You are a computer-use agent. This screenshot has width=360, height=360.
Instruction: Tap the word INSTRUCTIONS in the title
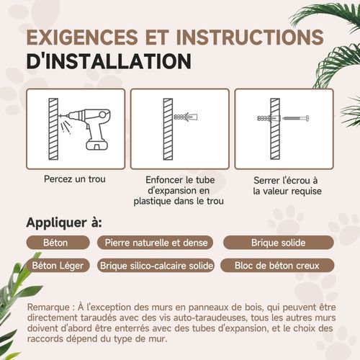tap(250, 37)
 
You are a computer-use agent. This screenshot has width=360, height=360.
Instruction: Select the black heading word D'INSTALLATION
tap(109, 61)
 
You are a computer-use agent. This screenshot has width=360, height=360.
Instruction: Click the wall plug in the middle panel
tap(186, 117)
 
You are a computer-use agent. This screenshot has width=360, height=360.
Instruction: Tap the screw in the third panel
tap(295, 118)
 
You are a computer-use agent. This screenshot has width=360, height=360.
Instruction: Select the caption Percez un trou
tap(75, 179)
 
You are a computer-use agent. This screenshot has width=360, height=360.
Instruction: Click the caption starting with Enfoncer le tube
tap(179, 191)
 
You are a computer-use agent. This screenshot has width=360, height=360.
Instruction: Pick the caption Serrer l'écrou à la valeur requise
tap(287, 186)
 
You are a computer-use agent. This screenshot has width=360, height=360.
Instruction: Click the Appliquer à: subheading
tap(64, 223)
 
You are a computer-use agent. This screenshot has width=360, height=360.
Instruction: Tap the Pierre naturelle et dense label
tap(156, 243)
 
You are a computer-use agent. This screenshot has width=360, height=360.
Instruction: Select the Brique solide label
tap(279, 243)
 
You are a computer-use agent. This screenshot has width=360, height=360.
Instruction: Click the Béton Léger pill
tap(58, 266)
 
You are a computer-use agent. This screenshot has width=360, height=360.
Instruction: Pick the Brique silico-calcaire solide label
tap(156, 266)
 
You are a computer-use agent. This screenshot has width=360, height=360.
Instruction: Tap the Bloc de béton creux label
tap(277, 266)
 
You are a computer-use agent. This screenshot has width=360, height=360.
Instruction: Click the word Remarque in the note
tap(48, 307)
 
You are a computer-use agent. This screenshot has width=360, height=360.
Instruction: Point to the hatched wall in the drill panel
tap(53, 129)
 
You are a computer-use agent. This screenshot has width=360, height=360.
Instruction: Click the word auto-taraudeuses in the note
tap(210, 318)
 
